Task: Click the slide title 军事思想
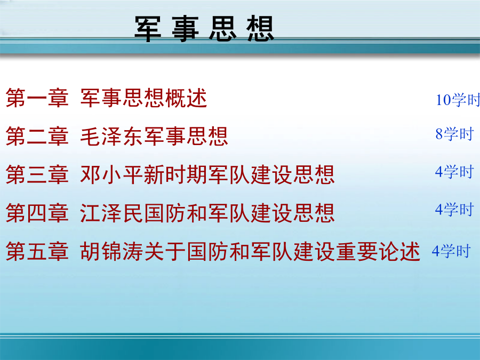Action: point(204,29)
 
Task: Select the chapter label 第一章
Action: point(37,98)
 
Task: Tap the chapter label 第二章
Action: point(37,136)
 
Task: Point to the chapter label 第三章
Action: point(37,174)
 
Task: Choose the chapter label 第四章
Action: point(37,213)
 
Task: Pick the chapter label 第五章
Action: point(37,251)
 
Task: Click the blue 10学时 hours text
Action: point(458,100)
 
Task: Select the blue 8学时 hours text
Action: point(454,134)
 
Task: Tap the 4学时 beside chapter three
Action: point(454,172)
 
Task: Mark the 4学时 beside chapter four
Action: point(454,210)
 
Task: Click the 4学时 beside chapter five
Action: point(451,251)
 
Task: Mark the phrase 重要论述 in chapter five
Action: point(378,251)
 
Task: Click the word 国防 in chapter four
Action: point(165,213)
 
